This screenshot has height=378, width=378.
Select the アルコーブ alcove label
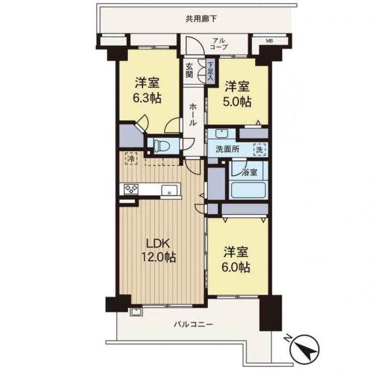point(218,43)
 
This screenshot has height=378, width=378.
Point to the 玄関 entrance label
point(189,70)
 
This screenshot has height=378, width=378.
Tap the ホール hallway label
point(194,115)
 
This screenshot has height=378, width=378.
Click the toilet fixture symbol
point(162,146)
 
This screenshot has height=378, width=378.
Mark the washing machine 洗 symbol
point(259,149)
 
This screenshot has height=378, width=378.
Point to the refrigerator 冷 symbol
point(131,159)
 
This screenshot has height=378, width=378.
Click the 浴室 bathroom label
point(249,172)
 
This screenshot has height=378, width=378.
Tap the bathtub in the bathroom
point(248,191)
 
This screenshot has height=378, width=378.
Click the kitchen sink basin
point(170,190)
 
